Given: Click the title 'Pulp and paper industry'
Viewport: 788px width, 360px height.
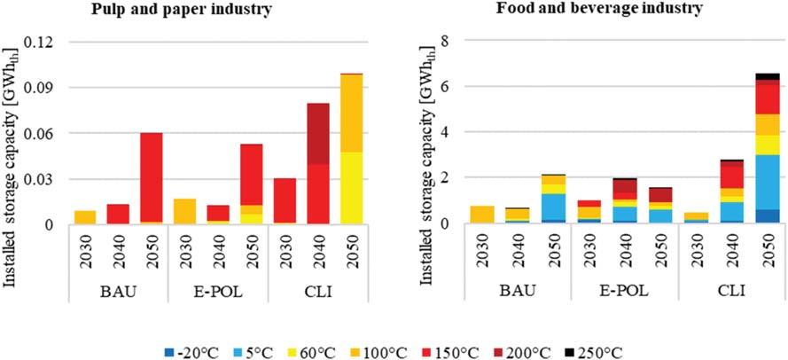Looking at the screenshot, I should pos(189,10).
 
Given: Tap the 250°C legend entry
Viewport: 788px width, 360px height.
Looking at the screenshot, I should pos(605,351).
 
